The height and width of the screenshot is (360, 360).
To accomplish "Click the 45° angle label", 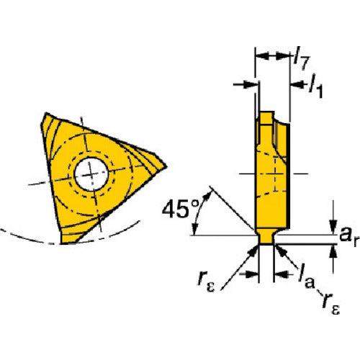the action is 181,209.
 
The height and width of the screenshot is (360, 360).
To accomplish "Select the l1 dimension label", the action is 315,86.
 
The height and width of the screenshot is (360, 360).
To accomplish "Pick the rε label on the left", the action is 206,280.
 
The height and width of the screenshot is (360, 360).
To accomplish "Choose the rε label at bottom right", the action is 331,303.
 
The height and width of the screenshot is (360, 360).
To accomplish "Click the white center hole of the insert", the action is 91,174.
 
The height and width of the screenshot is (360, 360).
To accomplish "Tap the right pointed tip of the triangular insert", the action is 166,166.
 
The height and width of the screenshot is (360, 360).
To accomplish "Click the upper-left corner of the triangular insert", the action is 46,113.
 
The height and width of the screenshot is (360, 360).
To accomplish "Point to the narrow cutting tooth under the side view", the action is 266,237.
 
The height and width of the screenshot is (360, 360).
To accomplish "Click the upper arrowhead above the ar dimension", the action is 333,228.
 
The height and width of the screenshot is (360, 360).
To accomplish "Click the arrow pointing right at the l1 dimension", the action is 246,84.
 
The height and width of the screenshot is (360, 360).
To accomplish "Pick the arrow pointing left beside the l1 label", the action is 299,84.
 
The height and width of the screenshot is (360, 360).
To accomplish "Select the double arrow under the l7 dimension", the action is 273,56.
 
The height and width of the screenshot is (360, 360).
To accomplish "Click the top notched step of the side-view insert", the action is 266,118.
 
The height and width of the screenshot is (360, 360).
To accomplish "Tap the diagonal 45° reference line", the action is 232,208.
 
